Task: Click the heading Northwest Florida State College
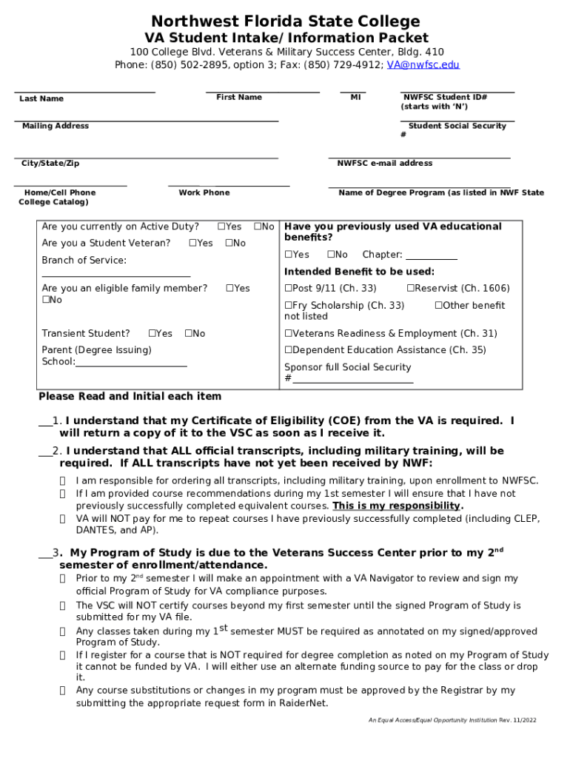pyautogui.click(x=286, y=21)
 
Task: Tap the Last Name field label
pyautogui.click(x=41, y=98)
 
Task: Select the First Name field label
pyautogui.click(x=239, y=97)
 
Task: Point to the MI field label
pyautogui.click(x=355, y=97)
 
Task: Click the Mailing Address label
pyautogui.click(x=56, y=126)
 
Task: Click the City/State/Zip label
pyautogui.click(x=50, y=163)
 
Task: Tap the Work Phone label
pyautogui.click(x=204, y=192)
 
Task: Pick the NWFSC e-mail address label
pyautogui.click(x=385, y=163)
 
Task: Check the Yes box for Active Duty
pyautogui.click(x=221, y=227)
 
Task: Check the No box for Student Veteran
pyautogui.click(x=229, y=243)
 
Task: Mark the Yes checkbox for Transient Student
pyautogui.click(x=152, y=333)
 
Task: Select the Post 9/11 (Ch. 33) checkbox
pyautogui.click(x=289, y=288)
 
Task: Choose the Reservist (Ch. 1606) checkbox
pyautogui.click(x=410, y=288)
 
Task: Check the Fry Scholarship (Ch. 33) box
pyautogui.click(x=289, y=305)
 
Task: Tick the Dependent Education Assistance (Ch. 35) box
pyautogui.click(x=289, y=349)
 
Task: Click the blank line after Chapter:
pyautogui.click(x=432, y=255)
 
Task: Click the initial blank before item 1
pyautogui.click(x=45, y=421)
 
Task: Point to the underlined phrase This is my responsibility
pyautogui.click(x=397, y=506)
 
